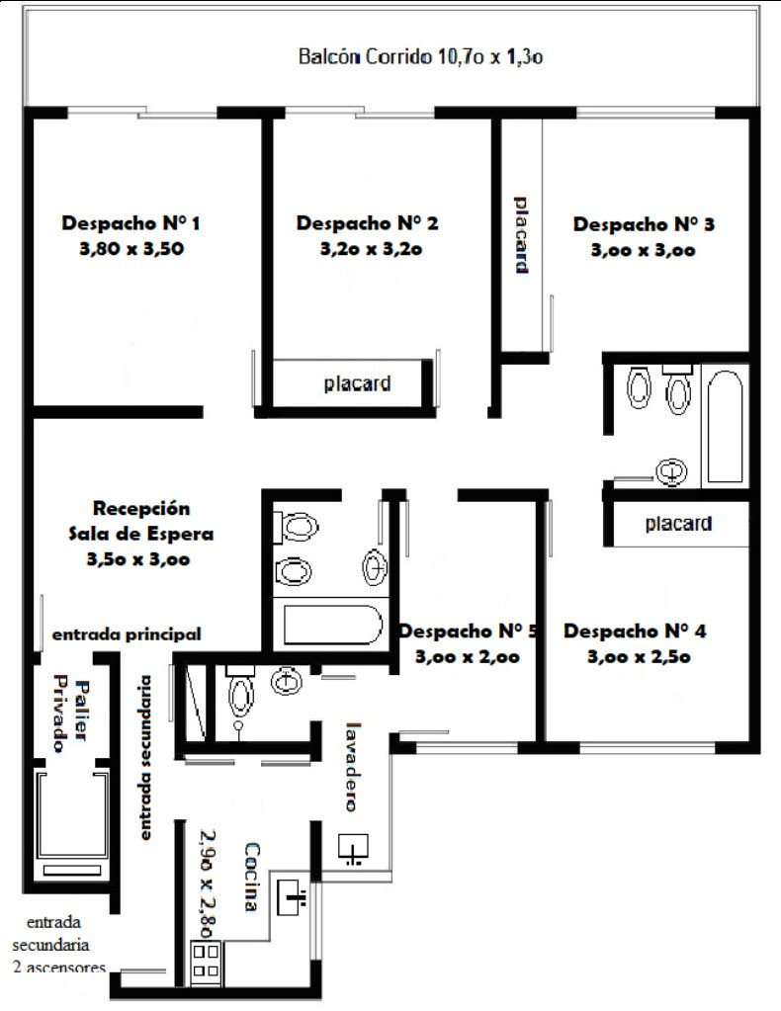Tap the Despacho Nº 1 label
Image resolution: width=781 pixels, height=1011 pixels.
point(130,223)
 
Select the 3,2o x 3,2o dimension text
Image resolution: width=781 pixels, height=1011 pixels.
point(371,249)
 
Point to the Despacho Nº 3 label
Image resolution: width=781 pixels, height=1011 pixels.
point(644,224)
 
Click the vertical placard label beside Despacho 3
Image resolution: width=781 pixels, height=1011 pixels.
point(522,235)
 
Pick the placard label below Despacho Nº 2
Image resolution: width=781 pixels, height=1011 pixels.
point(357,383)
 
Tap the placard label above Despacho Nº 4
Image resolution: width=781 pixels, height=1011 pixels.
point(678,524)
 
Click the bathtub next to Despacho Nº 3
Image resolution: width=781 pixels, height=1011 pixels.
point(725,426)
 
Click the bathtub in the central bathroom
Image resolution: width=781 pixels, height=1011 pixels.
point(333,625)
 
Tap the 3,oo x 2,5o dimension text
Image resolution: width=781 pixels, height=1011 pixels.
point(639,657)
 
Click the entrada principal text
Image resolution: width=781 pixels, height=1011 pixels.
point(127,634)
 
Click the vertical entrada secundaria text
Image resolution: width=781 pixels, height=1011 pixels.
point(146,758)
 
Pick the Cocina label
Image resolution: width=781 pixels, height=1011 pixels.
point(252,877)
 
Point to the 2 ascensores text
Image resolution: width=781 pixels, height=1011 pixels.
point(58,968)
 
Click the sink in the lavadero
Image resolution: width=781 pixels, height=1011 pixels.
point(353,848)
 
